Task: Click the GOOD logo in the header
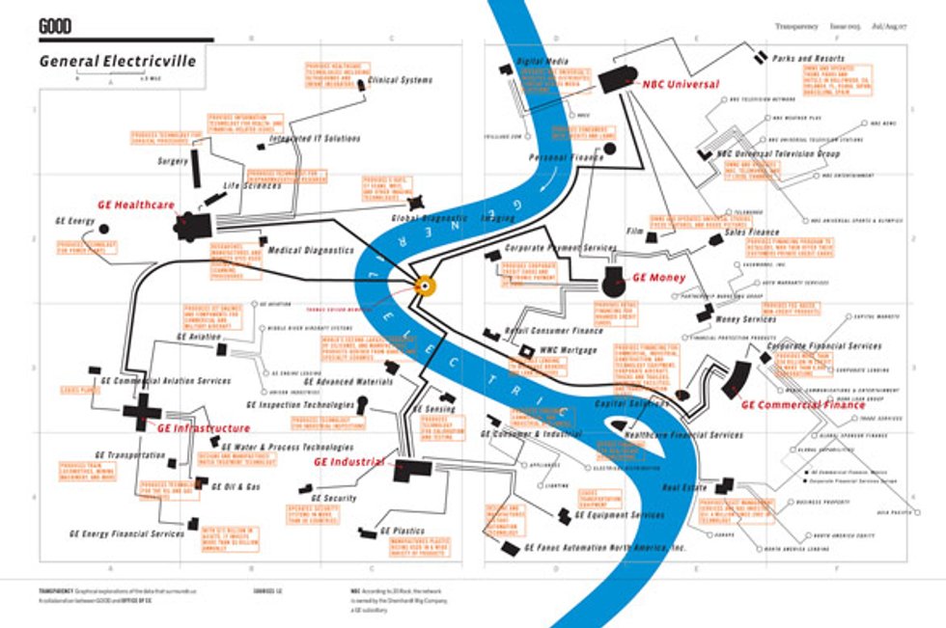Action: click(56, 28)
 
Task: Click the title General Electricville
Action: click(117, 62)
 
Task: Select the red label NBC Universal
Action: click(681, 85)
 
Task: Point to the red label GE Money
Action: click(658, 278)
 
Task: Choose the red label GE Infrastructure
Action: click(204, 428)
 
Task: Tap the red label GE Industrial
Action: click(349, 462)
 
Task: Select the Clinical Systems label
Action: click(401, 80)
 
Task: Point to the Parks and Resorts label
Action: click(808, 59)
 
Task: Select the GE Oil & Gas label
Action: click(236, 486)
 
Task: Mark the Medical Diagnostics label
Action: click(311, 250)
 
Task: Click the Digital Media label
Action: click(543, 61)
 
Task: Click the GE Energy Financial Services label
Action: click(126, 533)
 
